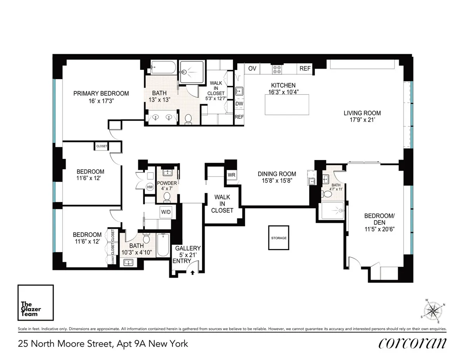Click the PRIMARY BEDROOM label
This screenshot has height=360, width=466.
[x=101, y=93]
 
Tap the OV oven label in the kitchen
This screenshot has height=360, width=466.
[x=252, y=69]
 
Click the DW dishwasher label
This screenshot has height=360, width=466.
[x=239, y=104]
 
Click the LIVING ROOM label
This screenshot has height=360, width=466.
[x=362, y=113]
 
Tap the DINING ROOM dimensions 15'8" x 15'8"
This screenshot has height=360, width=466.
[x=277, y=181]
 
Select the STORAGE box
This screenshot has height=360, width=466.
[x=279, y=238]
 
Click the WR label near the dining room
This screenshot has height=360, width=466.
[x=231, y=175]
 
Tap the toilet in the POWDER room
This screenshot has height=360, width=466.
[x=167, y=197]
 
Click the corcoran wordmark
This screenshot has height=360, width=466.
[x=411, y=344]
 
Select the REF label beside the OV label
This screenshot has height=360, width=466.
[x=305, y=69]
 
